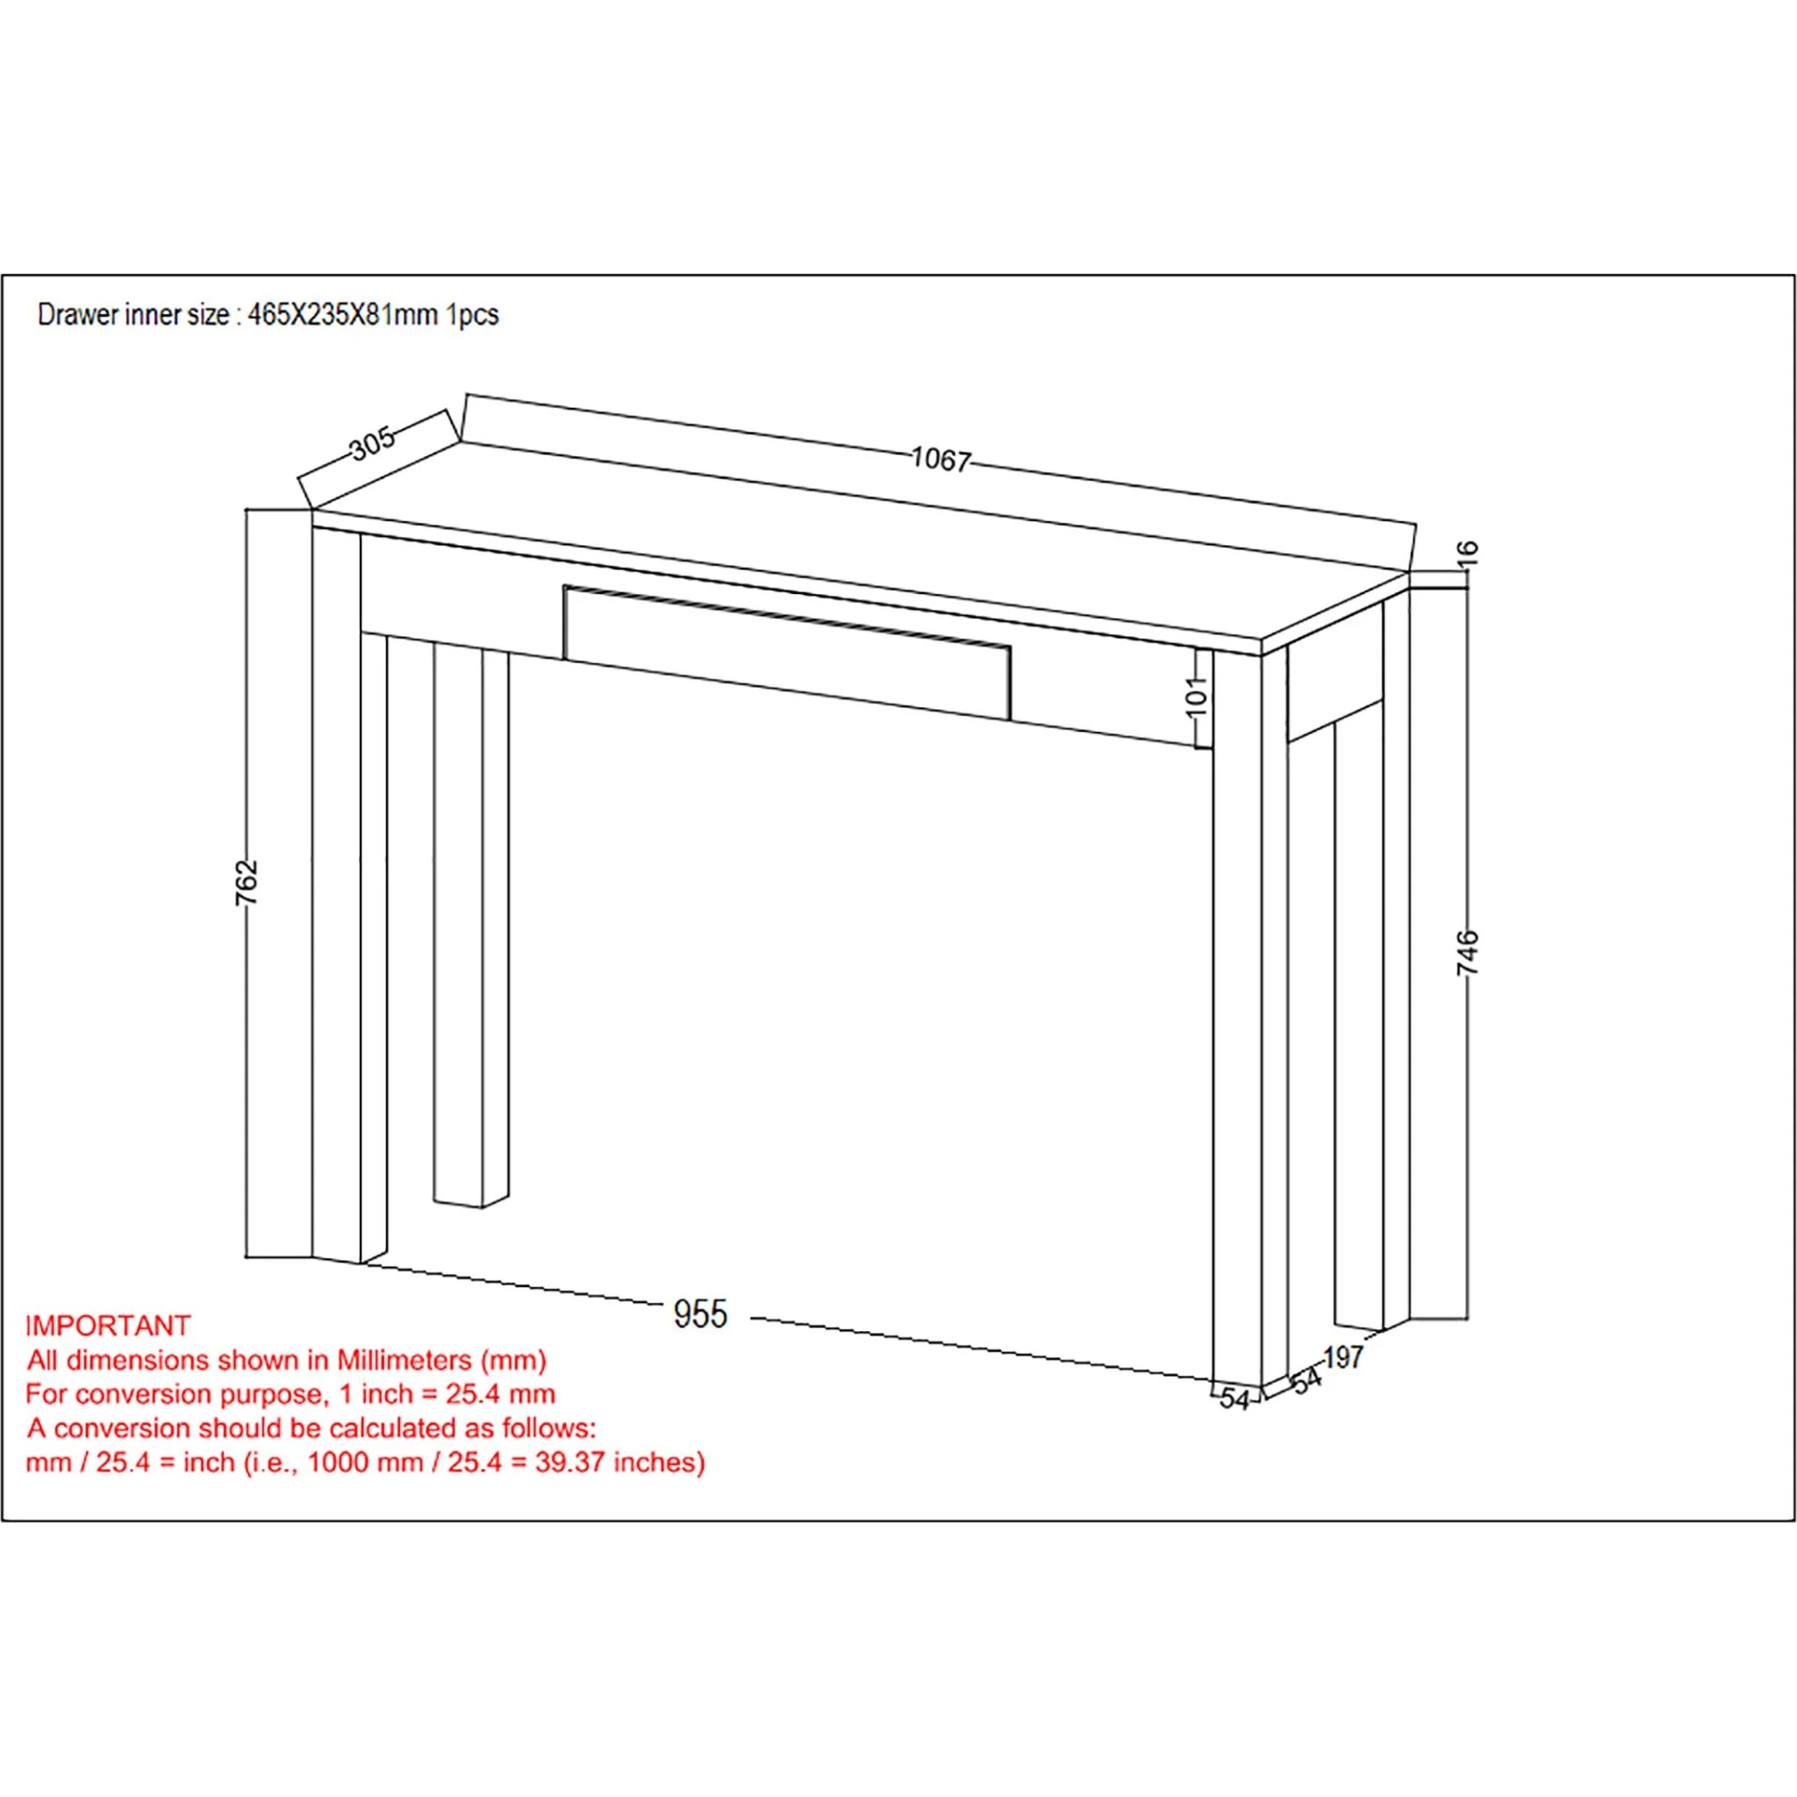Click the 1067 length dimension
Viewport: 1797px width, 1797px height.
tap(941, 460)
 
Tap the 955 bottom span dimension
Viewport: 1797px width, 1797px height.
tap(700, 1314)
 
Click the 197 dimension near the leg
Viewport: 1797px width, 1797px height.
tap(1342, 1358)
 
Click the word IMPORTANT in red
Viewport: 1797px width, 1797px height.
tap(108, 1326)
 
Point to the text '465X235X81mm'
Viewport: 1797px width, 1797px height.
tap(343, 315)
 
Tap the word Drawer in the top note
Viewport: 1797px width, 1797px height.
tap(65, 315)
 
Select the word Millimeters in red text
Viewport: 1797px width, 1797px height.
tap(404, 1360)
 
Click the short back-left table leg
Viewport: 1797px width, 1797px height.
tap(471, 927)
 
